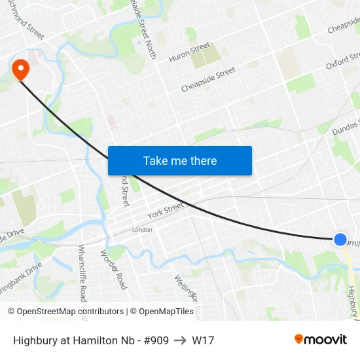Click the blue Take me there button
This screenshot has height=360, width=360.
point(180,160)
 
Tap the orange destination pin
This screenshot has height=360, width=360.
point(20,67)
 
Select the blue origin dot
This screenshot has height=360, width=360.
point(340,240)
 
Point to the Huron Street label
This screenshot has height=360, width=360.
point(190,52)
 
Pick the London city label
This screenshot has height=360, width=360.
point(142,230)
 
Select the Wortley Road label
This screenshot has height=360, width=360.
point(113,269)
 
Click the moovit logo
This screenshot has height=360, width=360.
point(321,340)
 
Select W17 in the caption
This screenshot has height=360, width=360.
point(203,340)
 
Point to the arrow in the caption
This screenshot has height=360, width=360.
point(180,340)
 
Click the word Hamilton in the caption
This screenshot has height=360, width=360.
point(96,340)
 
